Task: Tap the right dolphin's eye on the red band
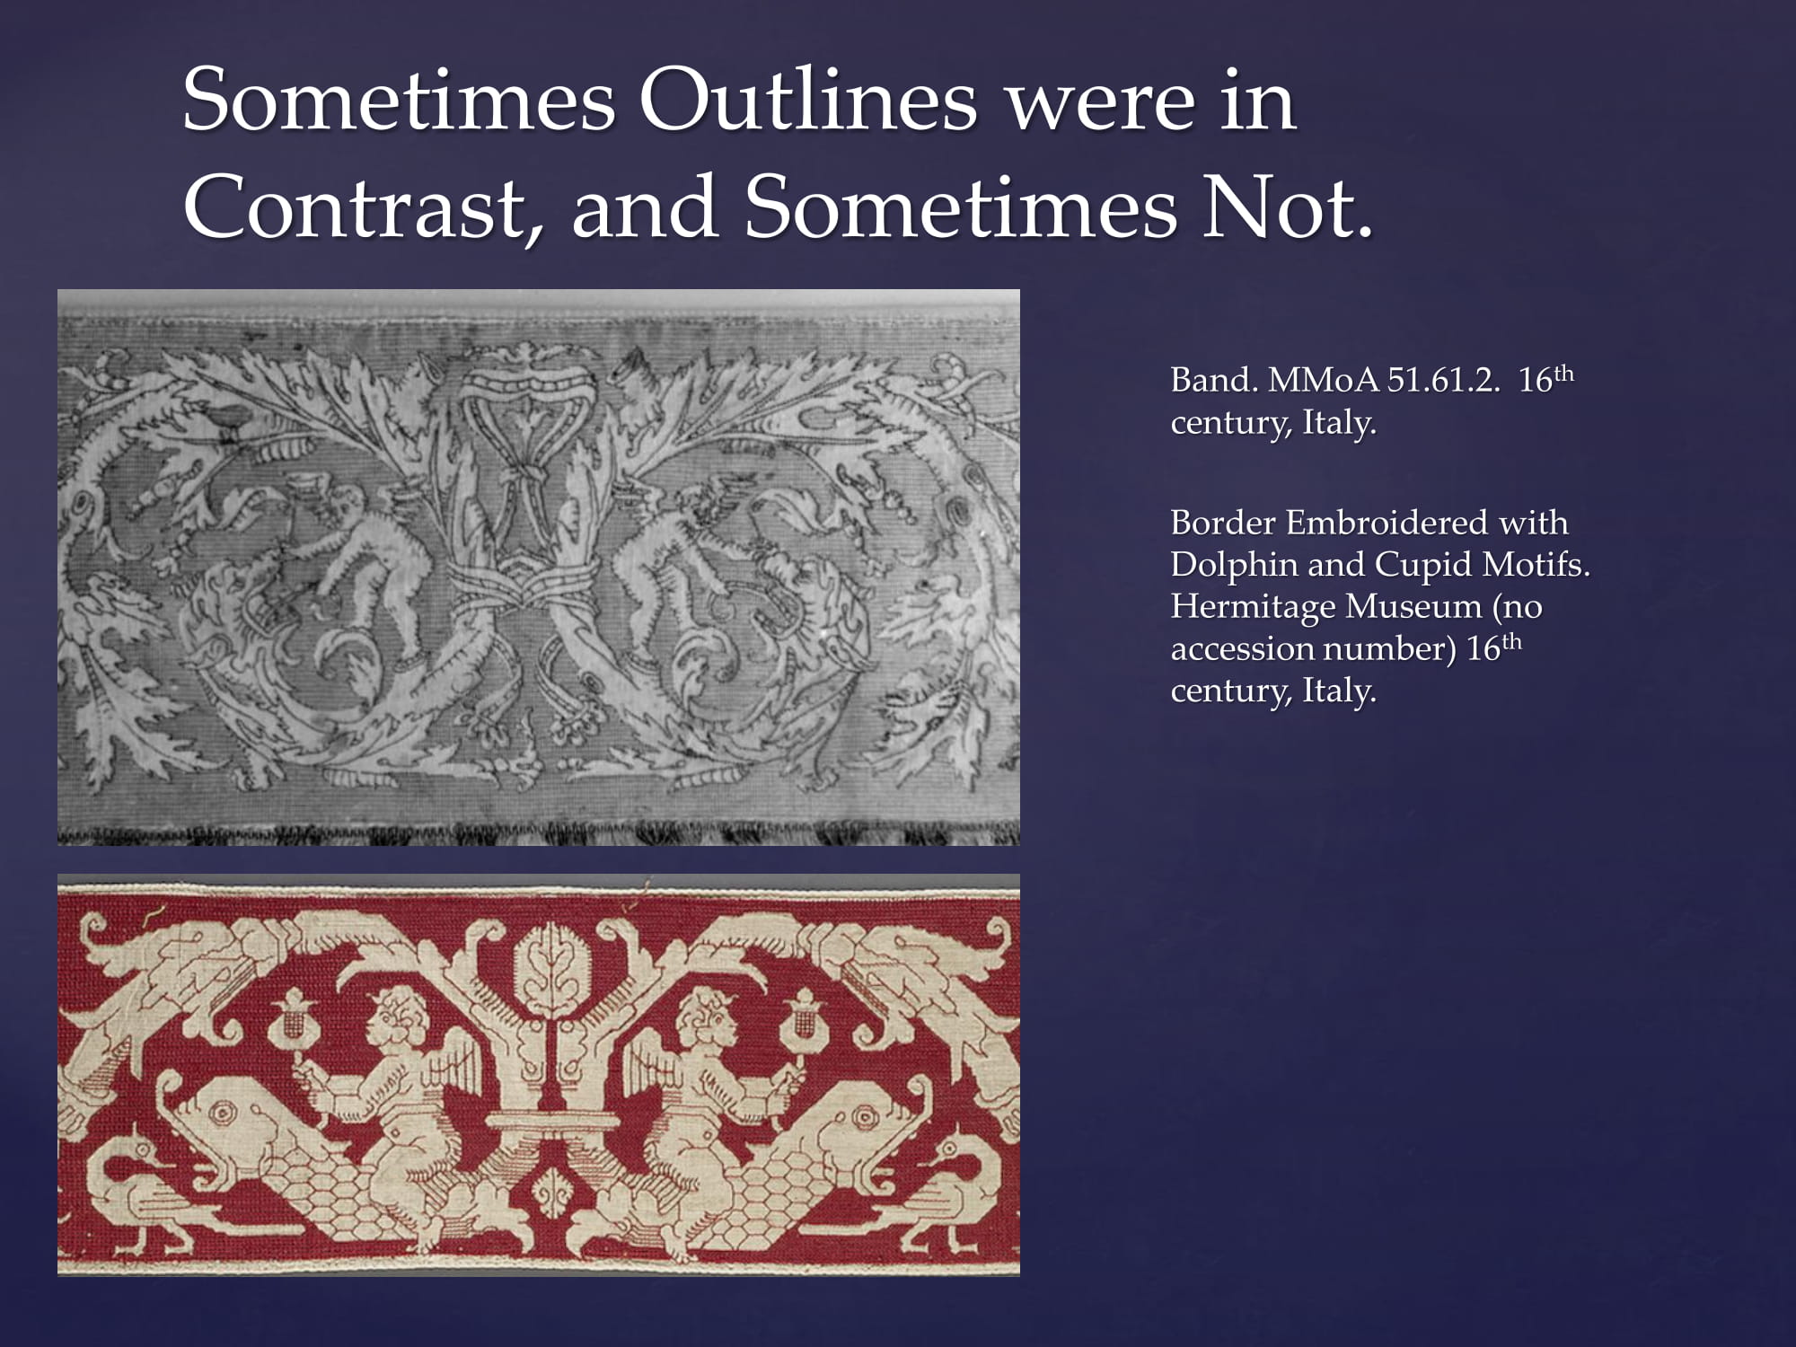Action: tap(864, 1119)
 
